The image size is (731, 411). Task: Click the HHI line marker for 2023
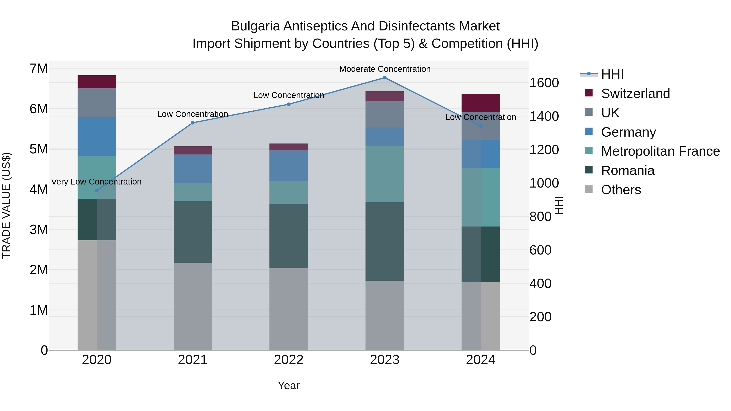click(385, 78)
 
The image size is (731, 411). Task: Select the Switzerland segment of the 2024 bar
click(480, 103)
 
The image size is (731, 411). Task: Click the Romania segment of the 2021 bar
click(193, 232)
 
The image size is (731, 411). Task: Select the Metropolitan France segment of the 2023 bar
click(385, 174)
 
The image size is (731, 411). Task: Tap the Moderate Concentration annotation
click(385, 69)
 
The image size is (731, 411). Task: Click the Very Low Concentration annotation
click(96, 181)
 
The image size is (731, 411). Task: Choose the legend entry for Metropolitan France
click(660, 151)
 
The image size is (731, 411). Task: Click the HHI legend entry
click(612, 74)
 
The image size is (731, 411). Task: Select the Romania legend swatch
click(589, 170)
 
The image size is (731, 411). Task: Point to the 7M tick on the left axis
click(39, 68)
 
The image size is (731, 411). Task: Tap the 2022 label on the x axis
click(289, 360)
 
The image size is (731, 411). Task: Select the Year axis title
click(289, 385)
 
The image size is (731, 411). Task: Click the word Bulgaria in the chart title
click(255, 26)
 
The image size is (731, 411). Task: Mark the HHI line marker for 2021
click(193, 123)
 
